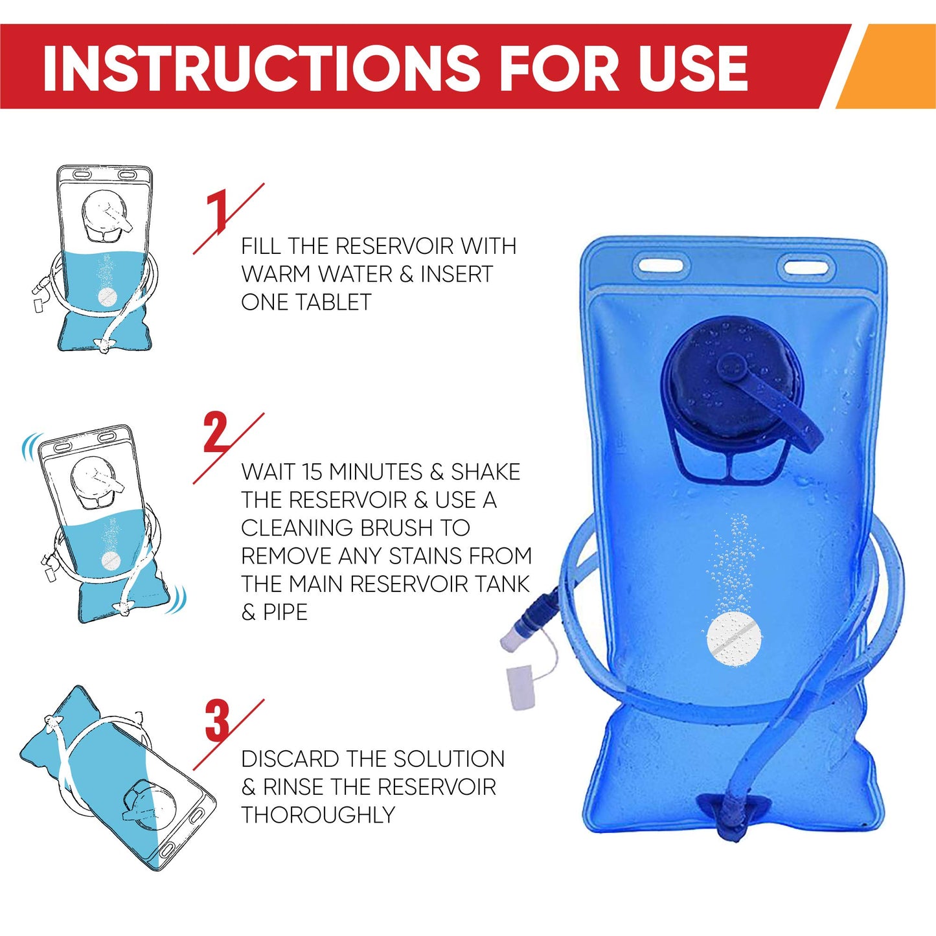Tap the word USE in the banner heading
(x=692, y=68)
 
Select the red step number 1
(x=218, y=211)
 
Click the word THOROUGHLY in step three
(x=317, y=815)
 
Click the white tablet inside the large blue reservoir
(x=735, y=640)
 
